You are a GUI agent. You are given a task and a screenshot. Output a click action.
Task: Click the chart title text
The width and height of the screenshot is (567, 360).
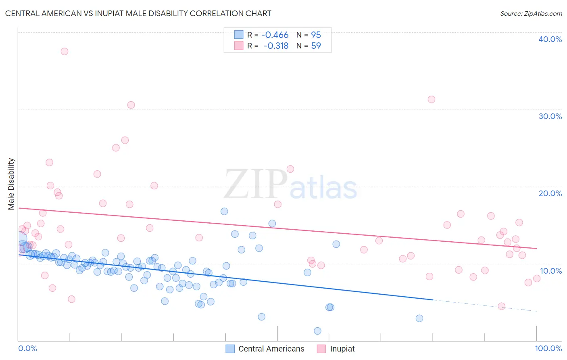138,13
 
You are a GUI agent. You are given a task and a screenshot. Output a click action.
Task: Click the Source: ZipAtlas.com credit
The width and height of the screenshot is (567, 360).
531,13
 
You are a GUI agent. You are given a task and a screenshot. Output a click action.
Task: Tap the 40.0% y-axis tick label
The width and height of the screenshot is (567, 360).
550,39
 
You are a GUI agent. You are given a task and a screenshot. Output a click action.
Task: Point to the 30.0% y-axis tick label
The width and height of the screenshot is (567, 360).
550,116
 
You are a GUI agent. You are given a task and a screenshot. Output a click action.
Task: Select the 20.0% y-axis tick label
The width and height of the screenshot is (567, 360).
550,193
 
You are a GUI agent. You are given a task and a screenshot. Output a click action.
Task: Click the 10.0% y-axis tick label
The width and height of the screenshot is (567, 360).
550,271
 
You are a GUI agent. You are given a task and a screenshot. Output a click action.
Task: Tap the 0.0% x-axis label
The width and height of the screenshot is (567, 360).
27,348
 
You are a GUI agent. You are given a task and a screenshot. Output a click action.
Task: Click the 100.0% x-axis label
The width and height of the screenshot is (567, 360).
548,348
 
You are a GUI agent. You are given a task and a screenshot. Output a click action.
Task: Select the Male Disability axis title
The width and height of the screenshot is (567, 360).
11,184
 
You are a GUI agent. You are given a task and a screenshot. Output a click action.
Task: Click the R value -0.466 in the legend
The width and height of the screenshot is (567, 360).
275,35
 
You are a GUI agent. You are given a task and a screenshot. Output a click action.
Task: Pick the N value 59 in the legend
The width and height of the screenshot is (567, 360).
316,46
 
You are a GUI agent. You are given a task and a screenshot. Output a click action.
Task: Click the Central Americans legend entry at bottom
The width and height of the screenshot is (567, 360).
271,349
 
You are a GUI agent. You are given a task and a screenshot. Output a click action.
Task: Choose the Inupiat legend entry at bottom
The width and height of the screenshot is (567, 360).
342,349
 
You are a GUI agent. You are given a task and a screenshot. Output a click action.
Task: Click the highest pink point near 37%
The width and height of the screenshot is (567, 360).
65,51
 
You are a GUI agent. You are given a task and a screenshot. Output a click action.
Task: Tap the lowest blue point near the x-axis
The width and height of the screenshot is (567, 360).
317,331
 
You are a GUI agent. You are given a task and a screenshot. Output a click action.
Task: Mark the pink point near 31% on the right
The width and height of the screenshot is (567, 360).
432,99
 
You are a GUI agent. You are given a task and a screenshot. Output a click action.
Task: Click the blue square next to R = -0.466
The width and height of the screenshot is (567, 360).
239,35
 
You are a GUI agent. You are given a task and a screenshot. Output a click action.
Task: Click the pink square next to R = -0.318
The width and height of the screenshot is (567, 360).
239,46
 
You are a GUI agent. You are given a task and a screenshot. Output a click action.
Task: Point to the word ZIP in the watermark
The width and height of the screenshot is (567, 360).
256,185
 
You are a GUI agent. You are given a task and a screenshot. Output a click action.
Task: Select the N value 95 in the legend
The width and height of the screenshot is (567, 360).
316,35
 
